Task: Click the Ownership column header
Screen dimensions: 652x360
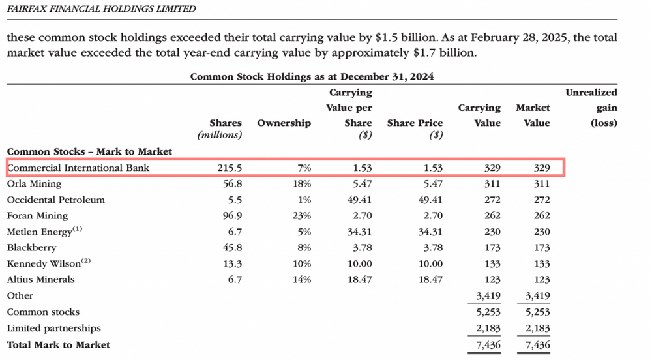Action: click(284, 123)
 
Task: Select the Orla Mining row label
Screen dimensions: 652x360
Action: click(34, 184)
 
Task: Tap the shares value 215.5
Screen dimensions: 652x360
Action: click(230, 168)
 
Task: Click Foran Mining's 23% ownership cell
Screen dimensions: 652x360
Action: click(302, 216)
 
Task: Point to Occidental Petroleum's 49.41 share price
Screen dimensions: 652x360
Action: click(430, 200)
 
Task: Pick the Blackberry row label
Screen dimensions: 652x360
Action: click(31, 248)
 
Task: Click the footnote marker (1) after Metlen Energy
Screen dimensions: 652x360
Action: click(78, 229)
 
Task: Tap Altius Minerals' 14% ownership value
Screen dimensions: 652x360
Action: click(302, 280)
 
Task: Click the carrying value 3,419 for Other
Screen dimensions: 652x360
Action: click(488, 296)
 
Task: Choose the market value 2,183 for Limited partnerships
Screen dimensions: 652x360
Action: click(538, 329)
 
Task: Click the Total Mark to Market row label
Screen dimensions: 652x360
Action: click(59, 345)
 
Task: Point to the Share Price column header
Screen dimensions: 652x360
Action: click(415, 123)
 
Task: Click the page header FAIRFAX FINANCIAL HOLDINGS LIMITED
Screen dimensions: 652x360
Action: click(102, 8)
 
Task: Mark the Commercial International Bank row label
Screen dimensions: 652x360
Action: click(79, 168)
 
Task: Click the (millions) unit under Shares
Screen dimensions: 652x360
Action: click(220, 135)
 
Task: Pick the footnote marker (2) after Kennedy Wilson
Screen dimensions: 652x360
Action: click(85, 261)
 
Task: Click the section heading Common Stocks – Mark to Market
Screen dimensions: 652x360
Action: click(89, 152)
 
